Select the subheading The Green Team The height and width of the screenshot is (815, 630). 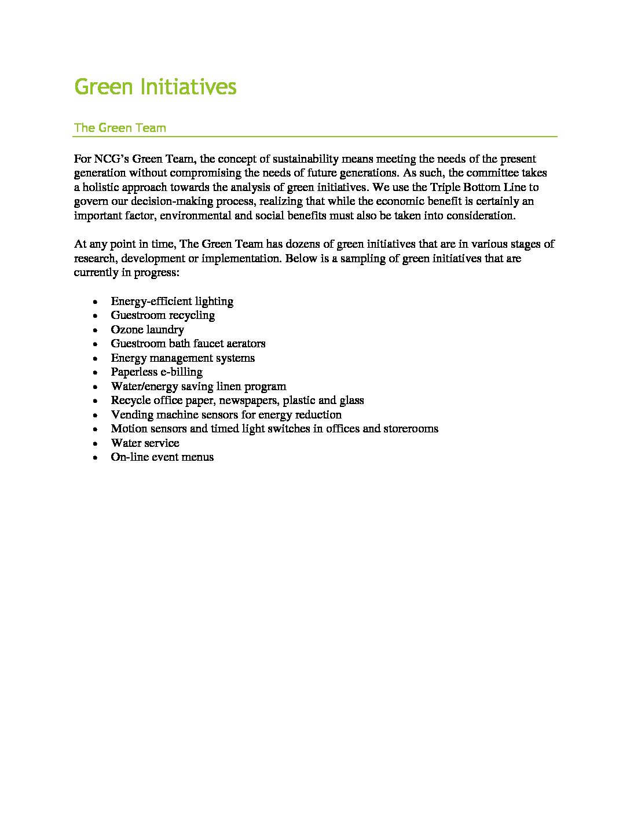pos(120,128)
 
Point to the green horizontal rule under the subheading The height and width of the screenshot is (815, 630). pos(314,137)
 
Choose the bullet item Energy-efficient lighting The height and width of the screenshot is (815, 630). pos(172,301)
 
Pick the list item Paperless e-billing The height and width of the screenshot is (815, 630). pos(156,372)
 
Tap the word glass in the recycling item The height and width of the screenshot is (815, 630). pos(351,401)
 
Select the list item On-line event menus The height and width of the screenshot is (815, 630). pos(162,457)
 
